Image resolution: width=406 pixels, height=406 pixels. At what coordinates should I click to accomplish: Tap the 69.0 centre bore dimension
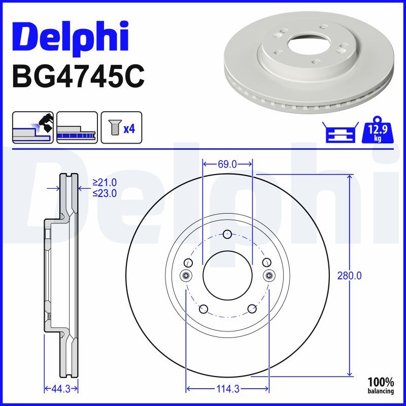(227, 164)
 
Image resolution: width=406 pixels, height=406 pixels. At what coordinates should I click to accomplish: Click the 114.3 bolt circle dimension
(227, 389)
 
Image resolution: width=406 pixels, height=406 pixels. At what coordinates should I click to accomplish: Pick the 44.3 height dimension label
(60, 389)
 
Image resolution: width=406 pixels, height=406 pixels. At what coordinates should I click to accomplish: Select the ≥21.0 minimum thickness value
(105, 182)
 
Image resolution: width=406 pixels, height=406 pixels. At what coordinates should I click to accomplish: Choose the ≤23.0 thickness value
(105, 193)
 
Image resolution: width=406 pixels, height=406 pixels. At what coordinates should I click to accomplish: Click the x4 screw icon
(121, 127)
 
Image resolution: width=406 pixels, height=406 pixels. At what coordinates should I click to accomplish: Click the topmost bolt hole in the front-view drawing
(227, 234)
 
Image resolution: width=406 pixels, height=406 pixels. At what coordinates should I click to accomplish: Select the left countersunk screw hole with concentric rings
(185, 276)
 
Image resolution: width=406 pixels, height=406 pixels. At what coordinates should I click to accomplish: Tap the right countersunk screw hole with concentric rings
(269, 275)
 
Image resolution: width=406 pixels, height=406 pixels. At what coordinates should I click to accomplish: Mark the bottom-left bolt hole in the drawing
(204, 309)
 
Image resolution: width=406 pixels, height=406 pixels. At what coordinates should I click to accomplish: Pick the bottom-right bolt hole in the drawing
(252, 309)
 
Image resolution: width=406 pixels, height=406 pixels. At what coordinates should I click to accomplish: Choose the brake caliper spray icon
(33, 127)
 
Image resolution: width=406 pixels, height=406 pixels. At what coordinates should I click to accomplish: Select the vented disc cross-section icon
(77, 127)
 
